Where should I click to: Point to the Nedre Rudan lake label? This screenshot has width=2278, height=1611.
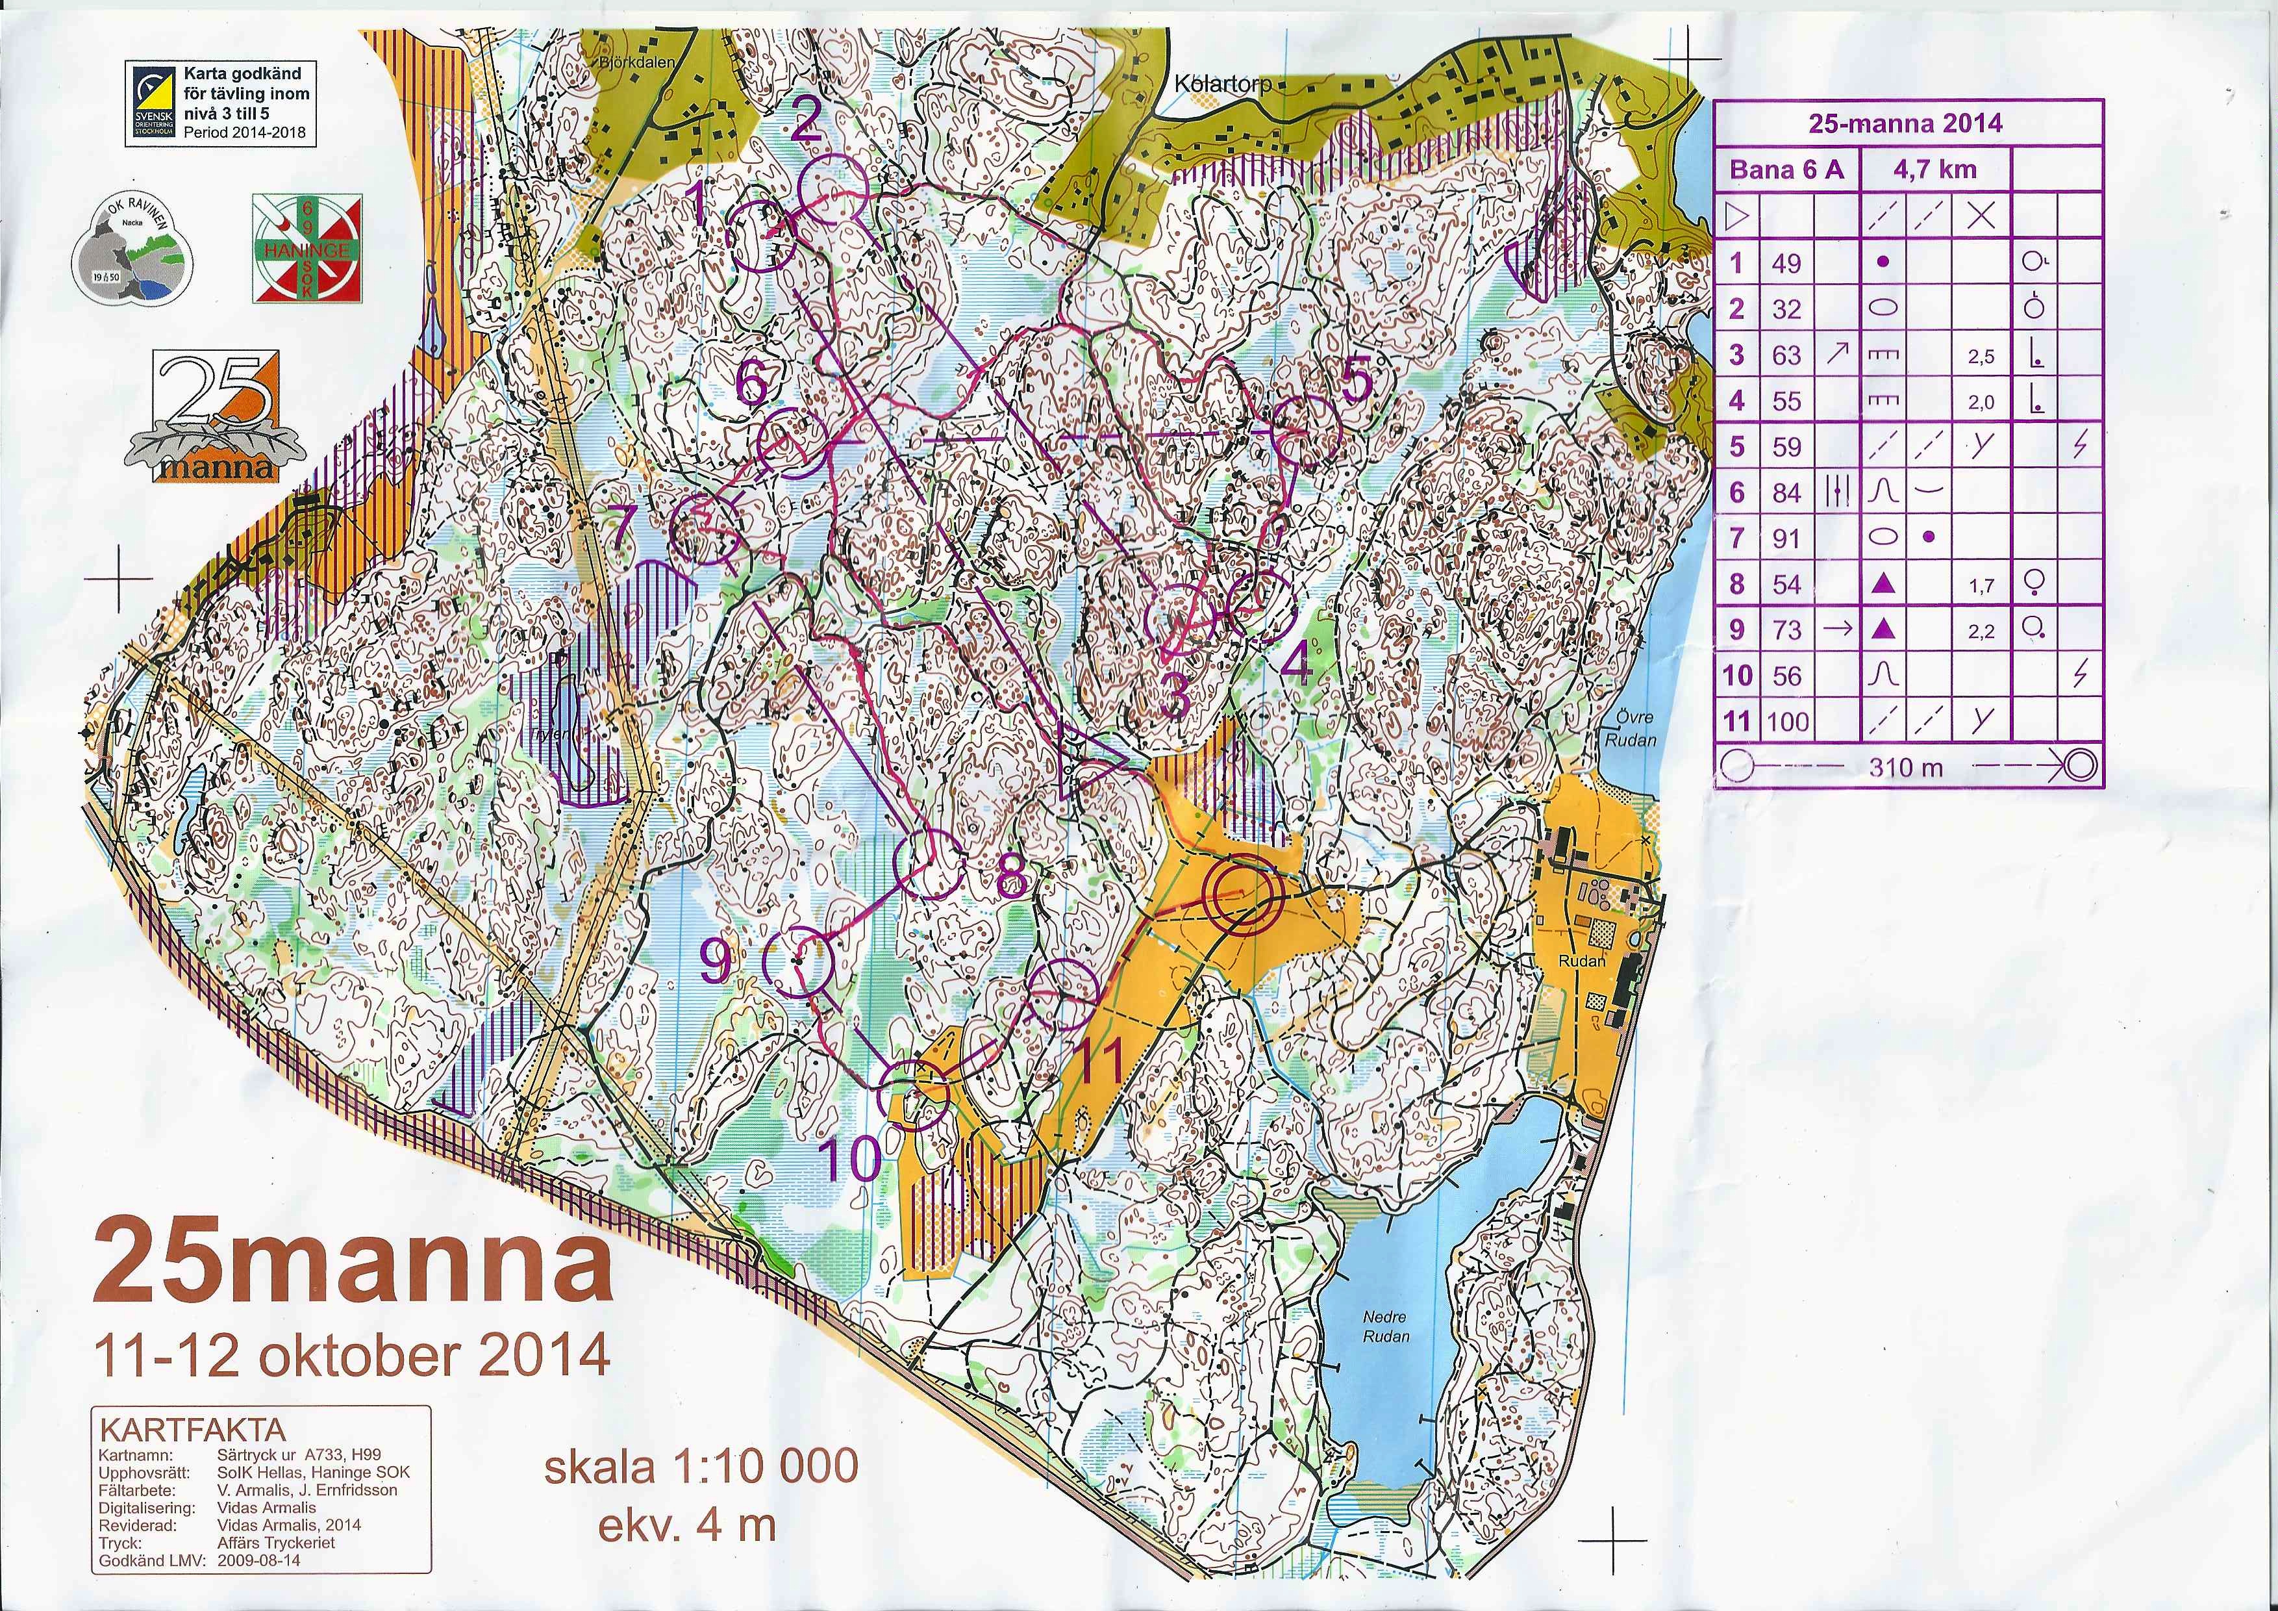click(x=1386, y=1325)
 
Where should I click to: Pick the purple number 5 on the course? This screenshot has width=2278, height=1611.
click(x=1355, y=381)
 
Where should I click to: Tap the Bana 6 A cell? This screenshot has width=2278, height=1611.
click(x=1787, y=169)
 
